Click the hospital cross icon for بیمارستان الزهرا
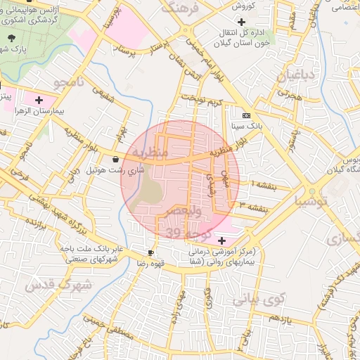(39, 101)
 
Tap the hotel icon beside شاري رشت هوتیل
(115, 160)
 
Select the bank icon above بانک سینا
(245, 115)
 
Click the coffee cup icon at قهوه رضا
(151, 252)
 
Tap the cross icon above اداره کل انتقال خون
(241, 22)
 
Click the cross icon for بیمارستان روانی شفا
(222, 240)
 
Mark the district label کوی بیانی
(257, 300)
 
